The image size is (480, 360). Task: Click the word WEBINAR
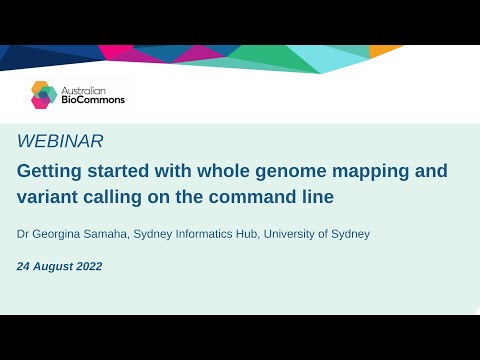point(60,141)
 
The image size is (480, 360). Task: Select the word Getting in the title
point(50,171)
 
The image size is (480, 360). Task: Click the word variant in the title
point(46,197)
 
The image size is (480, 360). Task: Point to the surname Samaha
point(108,234)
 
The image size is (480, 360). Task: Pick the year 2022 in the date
point(86,267)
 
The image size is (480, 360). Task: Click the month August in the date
point(50,267)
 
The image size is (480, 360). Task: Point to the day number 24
point(23,267)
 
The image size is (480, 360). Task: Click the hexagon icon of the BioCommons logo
point(44,95)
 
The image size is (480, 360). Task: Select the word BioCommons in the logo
point(92,101)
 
